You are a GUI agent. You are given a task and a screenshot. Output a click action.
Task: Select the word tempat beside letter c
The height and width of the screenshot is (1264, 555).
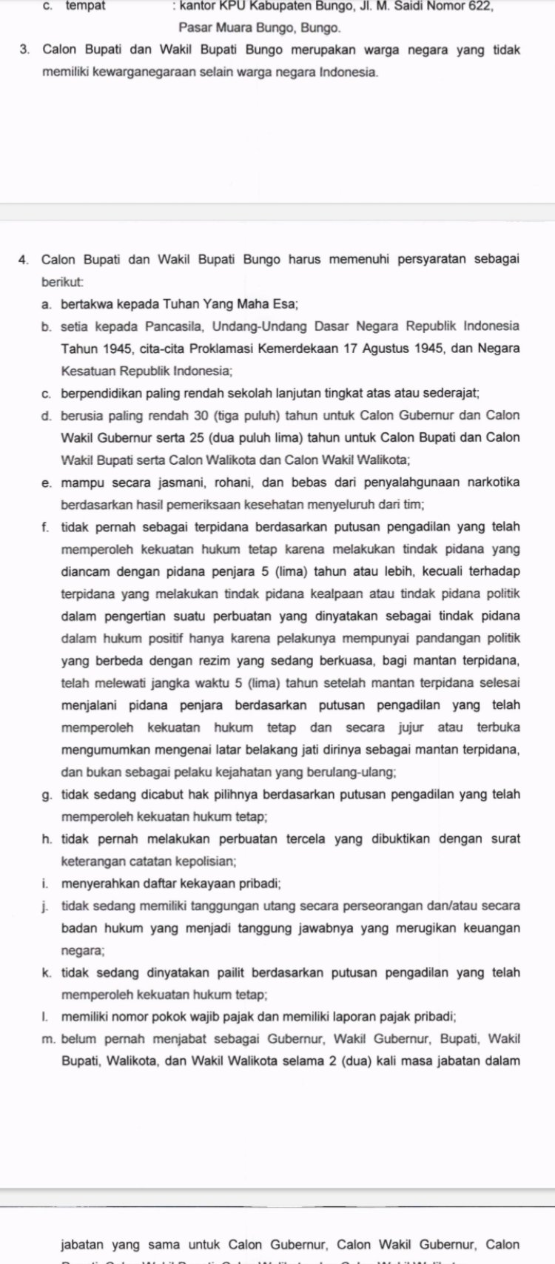[x=85, y=6]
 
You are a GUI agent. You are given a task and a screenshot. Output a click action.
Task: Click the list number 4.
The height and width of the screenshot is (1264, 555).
[x=24, y=260]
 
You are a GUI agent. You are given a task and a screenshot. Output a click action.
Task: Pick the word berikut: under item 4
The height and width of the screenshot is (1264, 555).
[x=63, y=282]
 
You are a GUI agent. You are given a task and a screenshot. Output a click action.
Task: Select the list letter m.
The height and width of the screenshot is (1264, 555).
[x=47, y=1039]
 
